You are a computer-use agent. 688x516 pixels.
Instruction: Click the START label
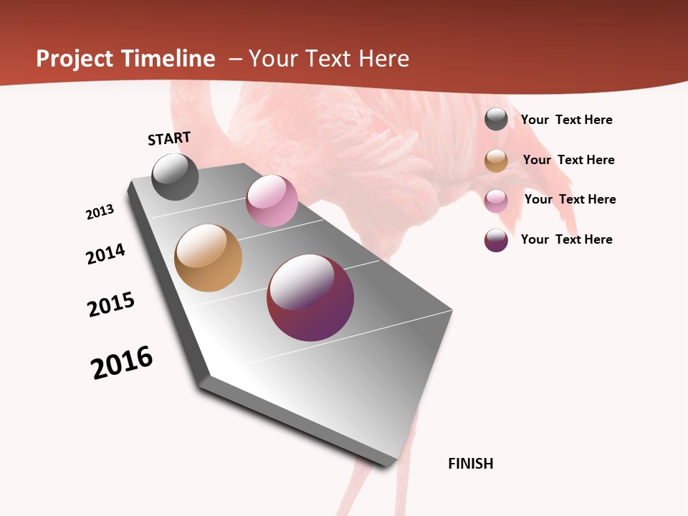[x=169, y=138]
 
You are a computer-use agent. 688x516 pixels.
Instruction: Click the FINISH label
[x=470, y=464]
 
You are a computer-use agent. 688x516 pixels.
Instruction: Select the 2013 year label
[x=100, y=212]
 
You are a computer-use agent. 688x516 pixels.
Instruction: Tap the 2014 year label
[x=105, y=254]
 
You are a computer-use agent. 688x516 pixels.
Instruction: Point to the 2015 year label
[x=111, y=305]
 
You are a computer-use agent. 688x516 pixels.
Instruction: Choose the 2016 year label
[x=122, y=363]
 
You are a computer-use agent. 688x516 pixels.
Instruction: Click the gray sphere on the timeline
[x=175, y=176]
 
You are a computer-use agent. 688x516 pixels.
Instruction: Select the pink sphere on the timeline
[x=272, y=201]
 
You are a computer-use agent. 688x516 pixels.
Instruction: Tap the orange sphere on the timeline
[x=208, y=258]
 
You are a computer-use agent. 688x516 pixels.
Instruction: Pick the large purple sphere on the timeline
[x=310, y=297]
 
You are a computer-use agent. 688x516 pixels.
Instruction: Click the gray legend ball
[x=496, y=119]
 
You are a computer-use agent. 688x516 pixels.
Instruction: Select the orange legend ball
[x=496, y=161]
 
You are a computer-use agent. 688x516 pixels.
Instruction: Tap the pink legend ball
[x=496, y=201]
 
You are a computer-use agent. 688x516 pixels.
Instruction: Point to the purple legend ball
[x=496, y=240]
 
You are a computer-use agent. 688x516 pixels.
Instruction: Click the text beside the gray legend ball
[x=566, y=120]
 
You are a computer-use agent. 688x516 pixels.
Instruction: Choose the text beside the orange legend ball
[x=568, y=160]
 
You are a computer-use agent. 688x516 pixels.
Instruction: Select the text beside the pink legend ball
[x=570, y=199]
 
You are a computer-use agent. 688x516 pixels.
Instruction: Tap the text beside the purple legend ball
[x=566, y=239]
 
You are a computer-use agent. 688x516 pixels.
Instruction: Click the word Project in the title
[x=74, y=59]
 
